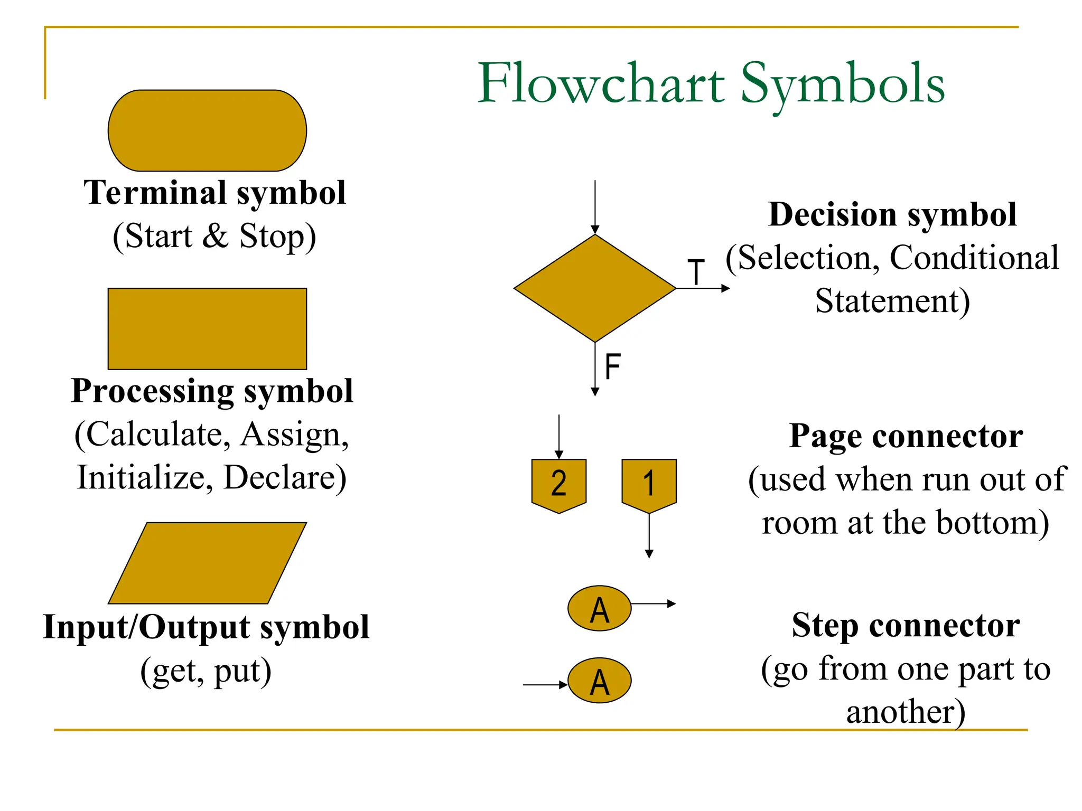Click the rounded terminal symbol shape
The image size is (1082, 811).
tap(207, 130)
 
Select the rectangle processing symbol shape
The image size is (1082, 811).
tap(207, 328)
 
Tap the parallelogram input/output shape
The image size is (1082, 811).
tap(207, 563)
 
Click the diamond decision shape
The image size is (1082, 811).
tap(595, 288)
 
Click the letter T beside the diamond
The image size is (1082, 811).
tap(696, 272)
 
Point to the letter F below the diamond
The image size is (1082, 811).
tap(612, 366)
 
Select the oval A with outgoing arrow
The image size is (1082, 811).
tap(599, 608)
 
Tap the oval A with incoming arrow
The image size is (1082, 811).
tap(599, 680)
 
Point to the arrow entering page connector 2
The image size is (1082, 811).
tap(559, 436)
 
